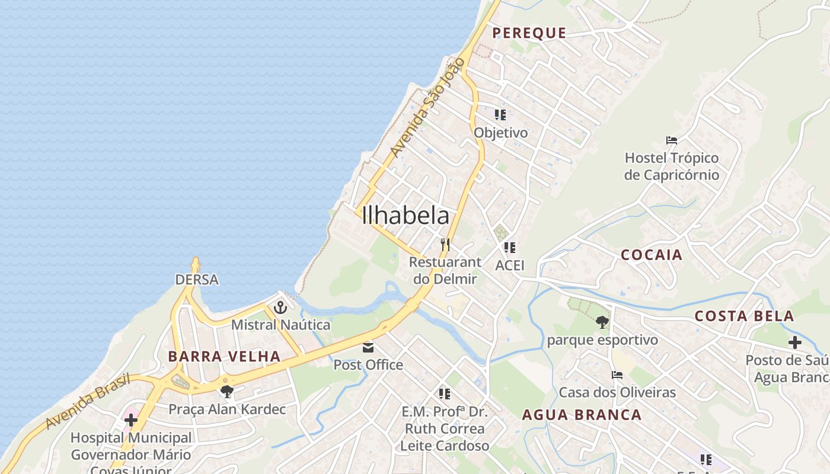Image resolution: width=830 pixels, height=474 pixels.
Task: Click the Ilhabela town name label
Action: coord(406,216)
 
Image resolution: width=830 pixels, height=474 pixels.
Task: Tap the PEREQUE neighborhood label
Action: coord(529,33)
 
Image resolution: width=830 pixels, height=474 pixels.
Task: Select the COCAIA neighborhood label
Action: coord(652,255)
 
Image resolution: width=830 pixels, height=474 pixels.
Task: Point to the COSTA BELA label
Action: coord(744,316)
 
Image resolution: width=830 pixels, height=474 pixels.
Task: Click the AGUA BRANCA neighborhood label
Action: coord(582,415)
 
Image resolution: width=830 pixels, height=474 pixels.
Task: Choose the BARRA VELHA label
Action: coord(224,356)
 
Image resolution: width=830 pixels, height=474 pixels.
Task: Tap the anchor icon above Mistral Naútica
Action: coord(280,308)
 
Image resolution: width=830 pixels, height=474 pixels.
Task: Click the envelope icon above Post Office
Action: coord(368,347)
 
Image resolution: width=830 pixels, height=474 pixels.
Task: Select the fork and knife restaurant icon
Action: coord(445,244)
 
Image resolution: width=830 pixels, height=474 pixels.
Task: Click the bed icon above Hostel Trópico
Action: coord(672,140)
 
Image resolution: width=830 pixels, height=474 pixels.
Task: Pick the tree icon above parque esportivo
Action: coord(602,322)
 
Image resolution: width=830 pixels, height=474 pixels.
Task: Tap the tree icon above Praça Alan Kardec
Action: coord(226,391)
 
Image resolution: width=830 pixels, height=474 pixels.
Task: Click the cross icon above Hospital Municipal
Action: coord(131,420)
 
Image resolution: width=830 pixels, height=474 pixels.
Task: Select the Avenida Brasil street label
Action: coord(88,401)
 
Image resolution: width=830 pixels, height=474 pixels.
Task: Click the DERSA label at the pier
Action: coord(197,279)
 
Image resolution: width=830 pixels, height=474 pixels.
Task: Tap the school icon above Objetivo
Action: coord(500,115)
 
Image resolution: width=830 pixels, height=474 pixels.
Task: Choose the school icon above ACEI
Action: coord(510,248)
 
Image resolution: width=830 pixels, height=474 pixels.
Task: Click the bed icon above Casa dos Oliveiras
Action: coord(617,375)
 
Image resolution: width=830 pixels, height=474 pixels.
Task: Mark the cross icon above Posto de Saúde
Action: coord(795,342)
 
